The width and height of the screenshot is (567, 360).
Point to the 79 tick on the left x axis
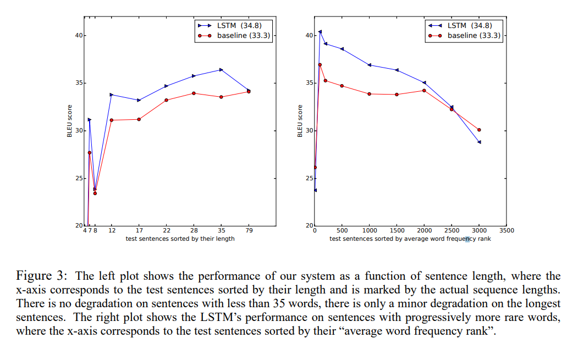(249, 231)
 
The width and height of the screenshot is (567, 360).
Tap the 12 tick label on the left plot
(112, 231)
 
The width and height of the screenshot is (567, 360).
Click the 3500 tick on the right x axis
(507, 231)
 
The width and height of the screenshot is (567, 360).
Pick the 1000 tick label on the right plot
(370, 231)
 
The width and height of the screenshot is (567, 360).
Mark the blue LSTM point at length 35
(221, 69)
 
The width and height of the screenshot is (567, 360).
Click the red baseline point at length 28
(194, 93)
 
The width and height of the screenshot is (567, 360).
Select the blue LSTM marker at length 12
(112, 95)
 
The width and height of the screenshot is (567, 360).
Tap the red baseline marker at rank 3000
(479, 130)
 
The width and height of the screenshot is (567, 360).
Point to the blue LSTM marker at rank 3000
(479, 142)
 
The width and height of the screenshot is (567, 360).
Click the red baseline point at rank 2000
(424, 90)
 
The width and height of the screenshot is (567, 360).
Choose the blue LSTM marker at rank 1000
(370, 65)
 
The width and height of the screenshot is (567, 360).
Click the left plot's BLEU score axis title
(70, 121)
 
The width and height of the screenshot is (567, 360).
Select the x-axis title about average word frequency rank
(410, 239)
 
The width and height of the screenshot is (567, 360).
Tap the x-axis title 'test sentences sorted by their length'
(180, 239)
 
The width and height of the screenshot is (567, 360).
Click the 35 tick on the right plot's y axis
(309, 83)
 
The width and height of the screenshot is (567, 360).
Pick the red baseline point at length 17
(139, 119)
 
